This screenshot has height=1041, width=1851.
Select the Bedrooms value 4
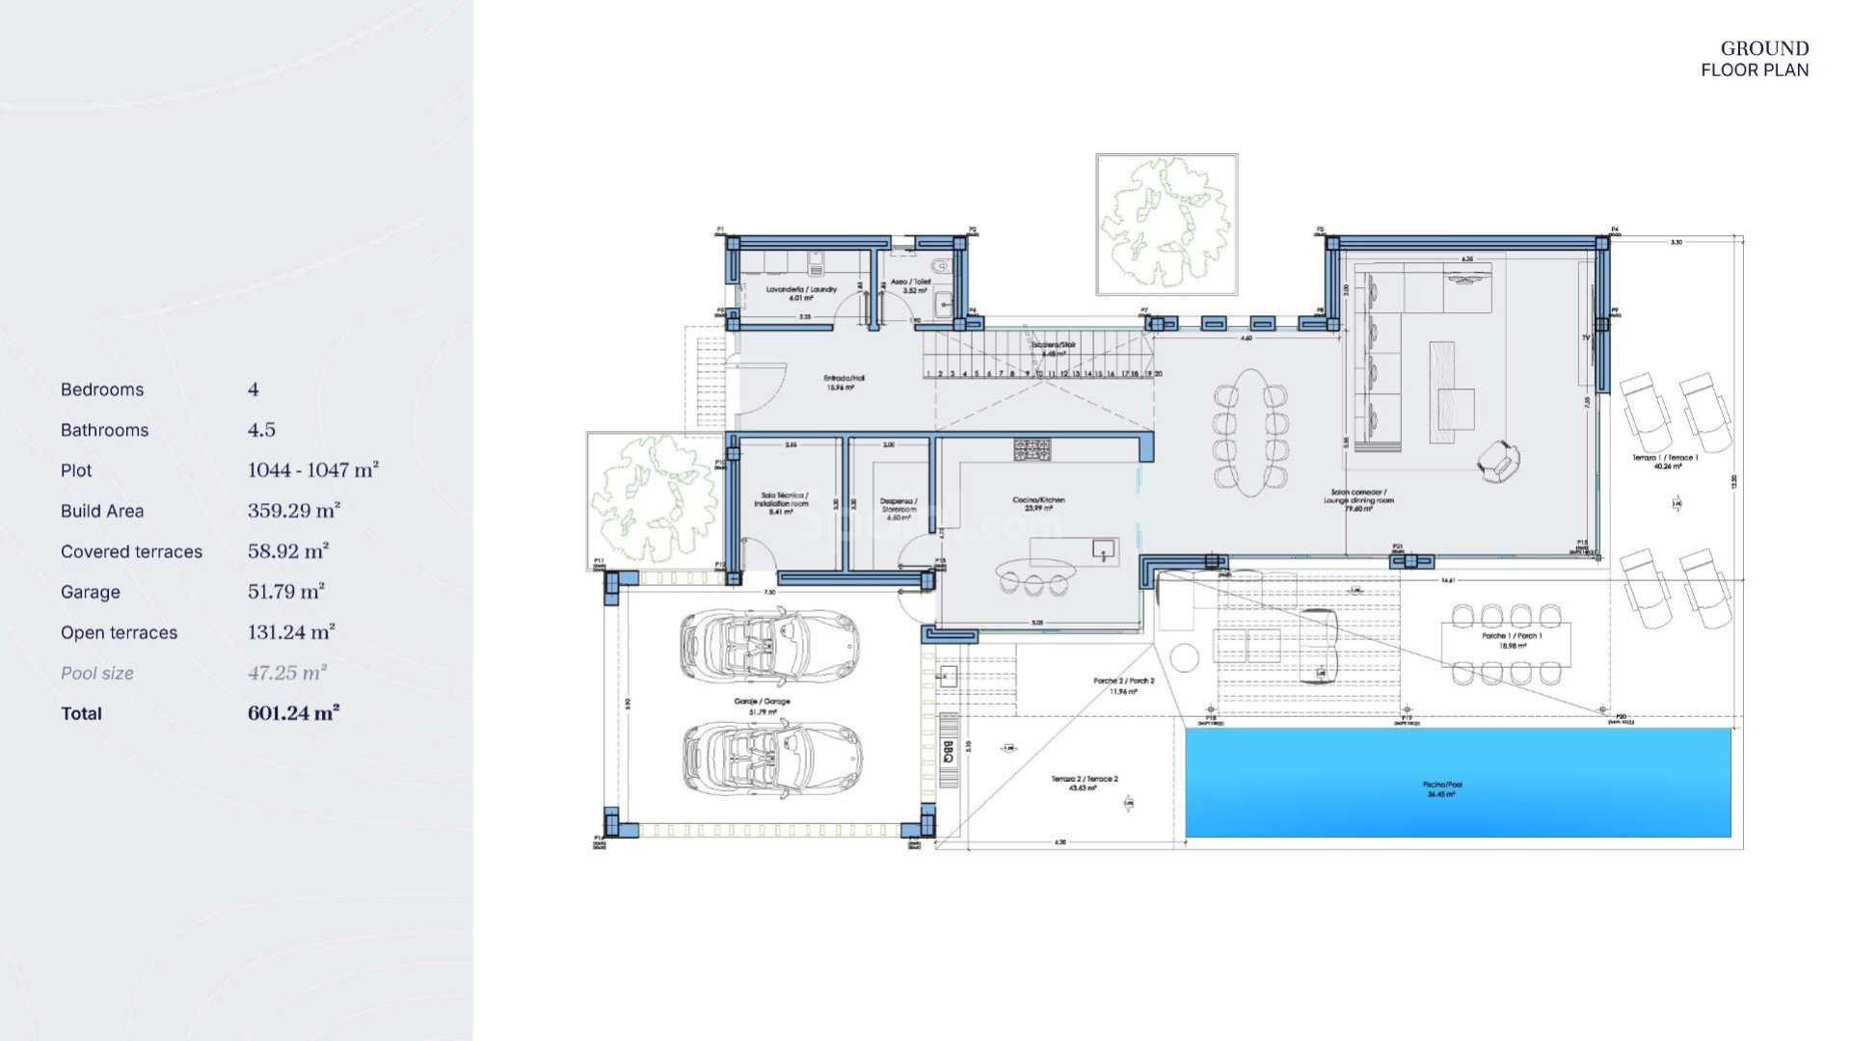click(x=254, y=389)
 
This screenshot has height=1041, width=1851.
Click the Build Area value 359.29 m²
click(x=293, y=511)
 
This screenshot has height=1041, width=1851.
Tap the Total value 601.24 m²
click(x=293, y=713)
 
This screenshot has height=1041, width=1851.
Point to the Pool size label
click(x=97, y=673)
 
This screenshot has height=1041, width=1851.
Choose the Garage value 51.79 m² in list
click(x=285, y=592)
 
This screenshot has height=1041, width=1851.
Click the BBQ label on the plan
click(x=949, y=752)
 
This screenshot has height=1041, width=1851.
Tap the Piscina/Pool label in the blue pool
click(x=1442, y=788)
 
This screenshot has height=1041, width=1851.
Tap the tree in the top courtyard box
click(x=1167, y=224)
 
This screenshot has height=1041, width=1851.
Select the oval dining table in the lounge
click(x=1250, y=432)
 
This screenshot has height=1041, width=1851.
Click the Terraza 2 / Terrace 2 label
click(x=1084, y=783)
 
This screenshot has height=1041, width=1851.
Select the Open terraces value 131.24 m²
click(x=290, y=632)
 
